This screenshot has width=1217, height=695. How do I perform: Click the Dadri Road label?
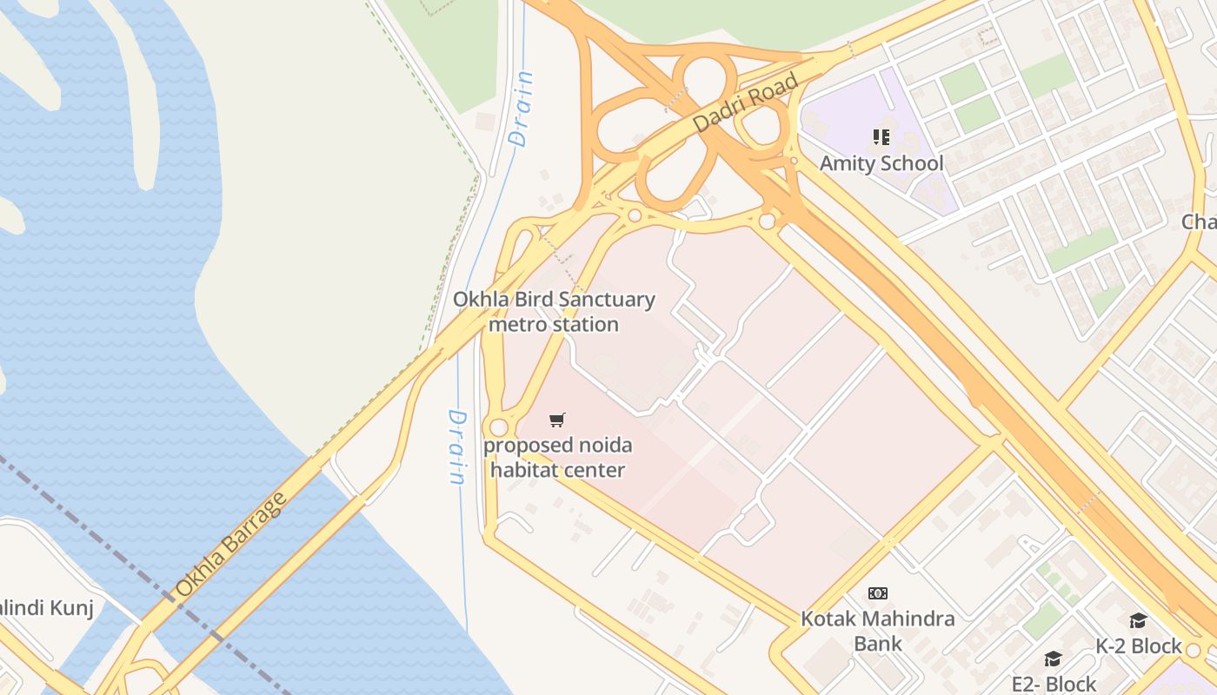pos(746,103)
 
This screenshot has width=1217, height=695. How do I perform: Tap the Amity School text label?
pos(881,163)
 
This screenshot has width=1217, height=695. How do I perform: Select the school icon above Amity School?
pos(881,137)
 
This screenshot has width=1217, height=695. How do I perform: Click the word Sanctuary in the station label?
pos(606,300)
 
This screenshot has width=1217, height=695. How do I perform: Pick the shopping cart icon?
pos(557,420)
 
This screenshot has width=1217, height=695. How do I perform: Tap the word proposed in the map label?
pos(518,446)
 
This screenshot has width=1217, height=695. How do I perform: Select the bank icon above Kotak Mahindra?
pos(877,593)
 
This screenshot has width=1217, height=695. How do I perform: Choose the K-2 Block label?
pos(1138,646)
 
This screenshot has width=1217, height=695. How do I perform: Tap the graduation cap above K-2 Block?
pos(1137,620)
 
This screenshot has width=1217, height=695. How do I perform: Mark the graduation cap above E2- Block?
pos(1053,659)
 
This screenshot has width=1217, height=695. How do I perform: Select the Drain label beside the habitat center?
pos(456,447)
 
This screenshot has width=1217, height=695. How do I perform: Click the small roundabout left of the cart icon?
pos(498,427)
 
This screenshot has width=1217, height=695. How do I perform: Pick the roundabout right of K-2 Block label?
pos(1194,650)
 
